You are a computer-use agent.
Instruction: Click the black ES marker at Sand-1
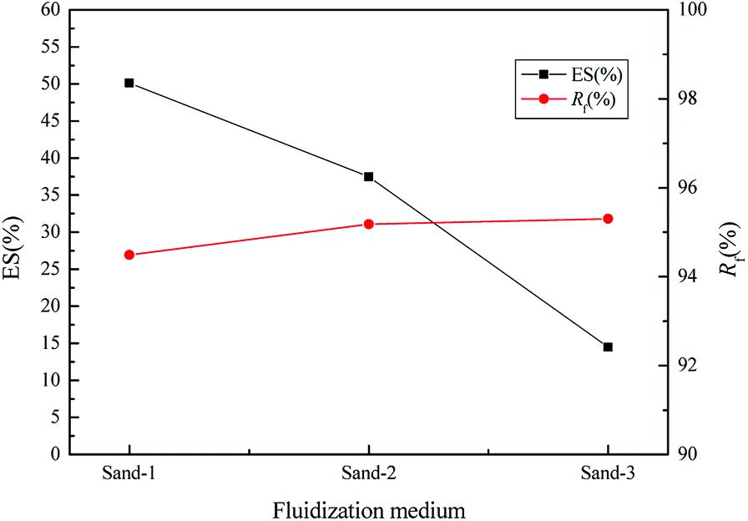[x=129, y=83]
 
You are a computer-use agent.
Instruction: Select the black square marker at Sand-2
[x=368, y=176]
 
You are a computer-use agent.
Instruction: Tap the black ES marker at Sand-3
[x=608, y=346]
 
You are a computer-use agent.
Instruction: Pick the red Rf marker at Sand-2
[x=368, y=224]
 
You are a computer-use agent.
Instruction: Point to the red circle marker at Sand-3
[x=608, y=219]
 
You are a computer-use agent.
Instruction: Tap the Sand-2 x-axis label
[x=368, y=474]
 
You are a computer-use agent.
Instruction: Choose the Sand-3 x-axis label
[x=608, y=474]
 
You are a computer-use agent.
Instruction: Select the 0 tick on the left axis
[x=55, y=454]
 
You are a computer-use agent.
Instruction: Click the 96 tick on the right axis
[x=692, y=188]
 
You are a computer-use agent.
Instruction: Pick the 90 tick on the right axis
[x=692, y=454]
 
